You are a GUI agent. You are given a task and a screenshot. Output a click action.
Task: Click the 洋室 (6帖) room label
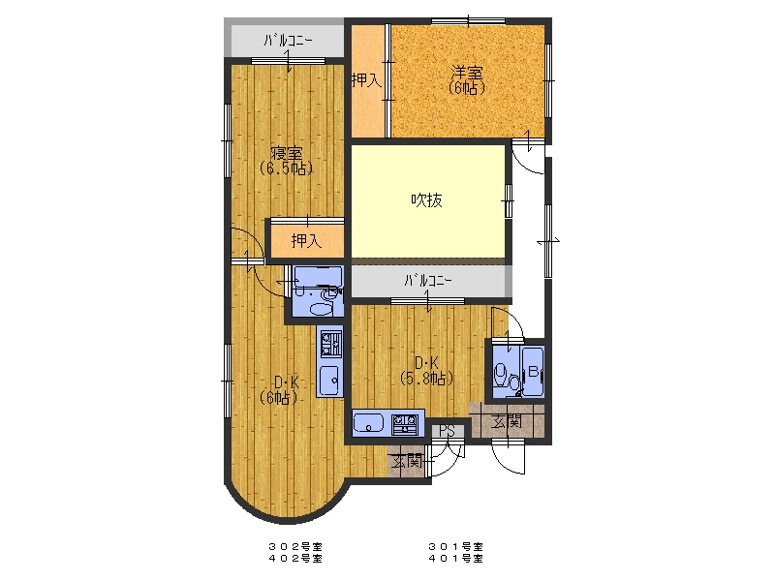(466, 80)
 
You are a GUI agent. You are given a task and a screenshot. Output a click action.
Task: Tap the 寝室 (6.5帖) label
(286, 161)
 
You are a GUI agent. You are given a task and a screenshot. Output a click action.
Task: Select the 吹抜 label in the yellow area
(426, 200)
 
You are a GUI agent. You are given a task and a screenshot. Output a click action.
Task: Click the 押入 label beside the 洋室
(367, 80)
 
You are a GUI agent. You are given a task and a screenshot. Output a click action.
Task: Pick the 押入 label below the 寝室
(306, 241)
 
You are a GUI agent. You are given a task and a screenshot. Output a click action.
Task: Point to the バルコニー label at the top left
(288, 40)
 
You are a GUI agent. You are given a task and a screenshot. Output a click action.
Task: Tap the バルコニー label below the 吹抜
(428, 281)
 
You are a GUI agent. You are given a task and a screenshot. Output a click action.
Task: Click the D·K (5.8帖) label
(426, 371)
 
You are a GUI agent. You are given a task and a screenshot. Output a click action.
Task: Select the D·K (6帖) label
(279, 390)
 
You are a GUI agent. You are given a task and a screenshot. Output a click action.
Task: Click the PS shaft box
(447, 431)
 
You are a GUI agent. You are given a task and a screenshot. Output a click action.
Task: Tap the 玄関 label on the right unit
(507, 421)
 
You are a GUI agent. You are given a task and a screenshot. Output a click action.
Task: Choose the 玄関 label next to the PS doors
(407, 462)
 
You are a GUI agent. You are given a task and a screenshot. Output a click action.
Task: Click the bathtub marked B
(534, 372)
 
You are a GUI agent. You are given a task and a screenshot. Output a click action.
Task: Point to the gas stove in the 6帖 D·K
(331, 343)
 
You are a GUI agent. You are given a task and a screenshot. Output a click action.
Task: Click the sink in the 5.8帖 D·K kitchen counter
(369, 424)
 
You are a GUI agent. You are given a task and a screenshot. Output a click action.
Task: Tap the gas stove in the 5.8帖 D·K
(406, 424)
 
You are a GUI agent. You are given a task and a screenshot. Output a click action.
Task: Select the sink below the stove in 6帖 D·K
(330, 381)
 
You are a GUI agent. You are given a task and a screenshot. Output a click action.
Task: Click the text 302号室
(295, 547)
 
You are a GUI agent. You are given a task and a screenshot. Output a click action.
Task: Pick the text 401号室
(455, 559)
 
